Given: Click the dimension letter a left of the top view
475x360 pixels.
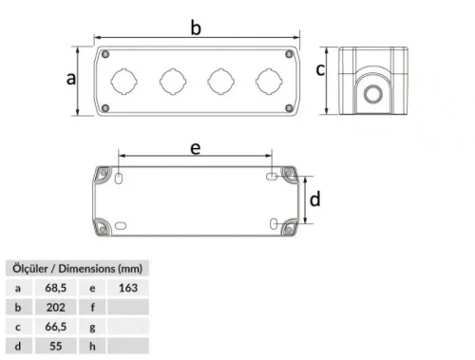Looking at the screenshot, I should click(x=70, y=79).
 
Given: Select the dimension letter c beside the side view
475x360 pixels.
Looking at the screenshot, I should click(x=321, y=68).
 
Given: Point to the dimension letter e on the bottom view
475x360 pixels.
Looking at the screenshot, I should click(x=195, y=147).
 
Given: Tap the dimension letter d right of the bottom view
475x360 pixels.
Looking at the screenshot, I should click(x=315, y=199).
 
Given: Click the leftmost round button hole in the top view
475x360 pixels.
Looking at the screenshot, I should click(x=123, y=80).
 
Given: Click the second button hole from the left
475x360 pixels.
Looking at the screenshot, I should click(x=172, y=80).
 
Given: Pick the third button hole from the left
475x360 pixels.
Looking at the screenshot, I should click(x=219, y=80).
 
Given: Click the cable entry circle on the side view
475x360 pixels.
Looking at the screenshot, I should click(x=371, y=94).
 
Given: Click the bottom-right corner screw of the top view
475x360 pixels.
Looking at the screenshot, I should click(x=289, y=108).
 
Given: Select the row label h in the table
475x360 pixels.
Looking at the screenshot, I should click(x=92, y=347).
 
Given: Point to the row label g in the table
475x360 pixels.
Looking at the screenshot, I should click(x=92, y=327).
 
